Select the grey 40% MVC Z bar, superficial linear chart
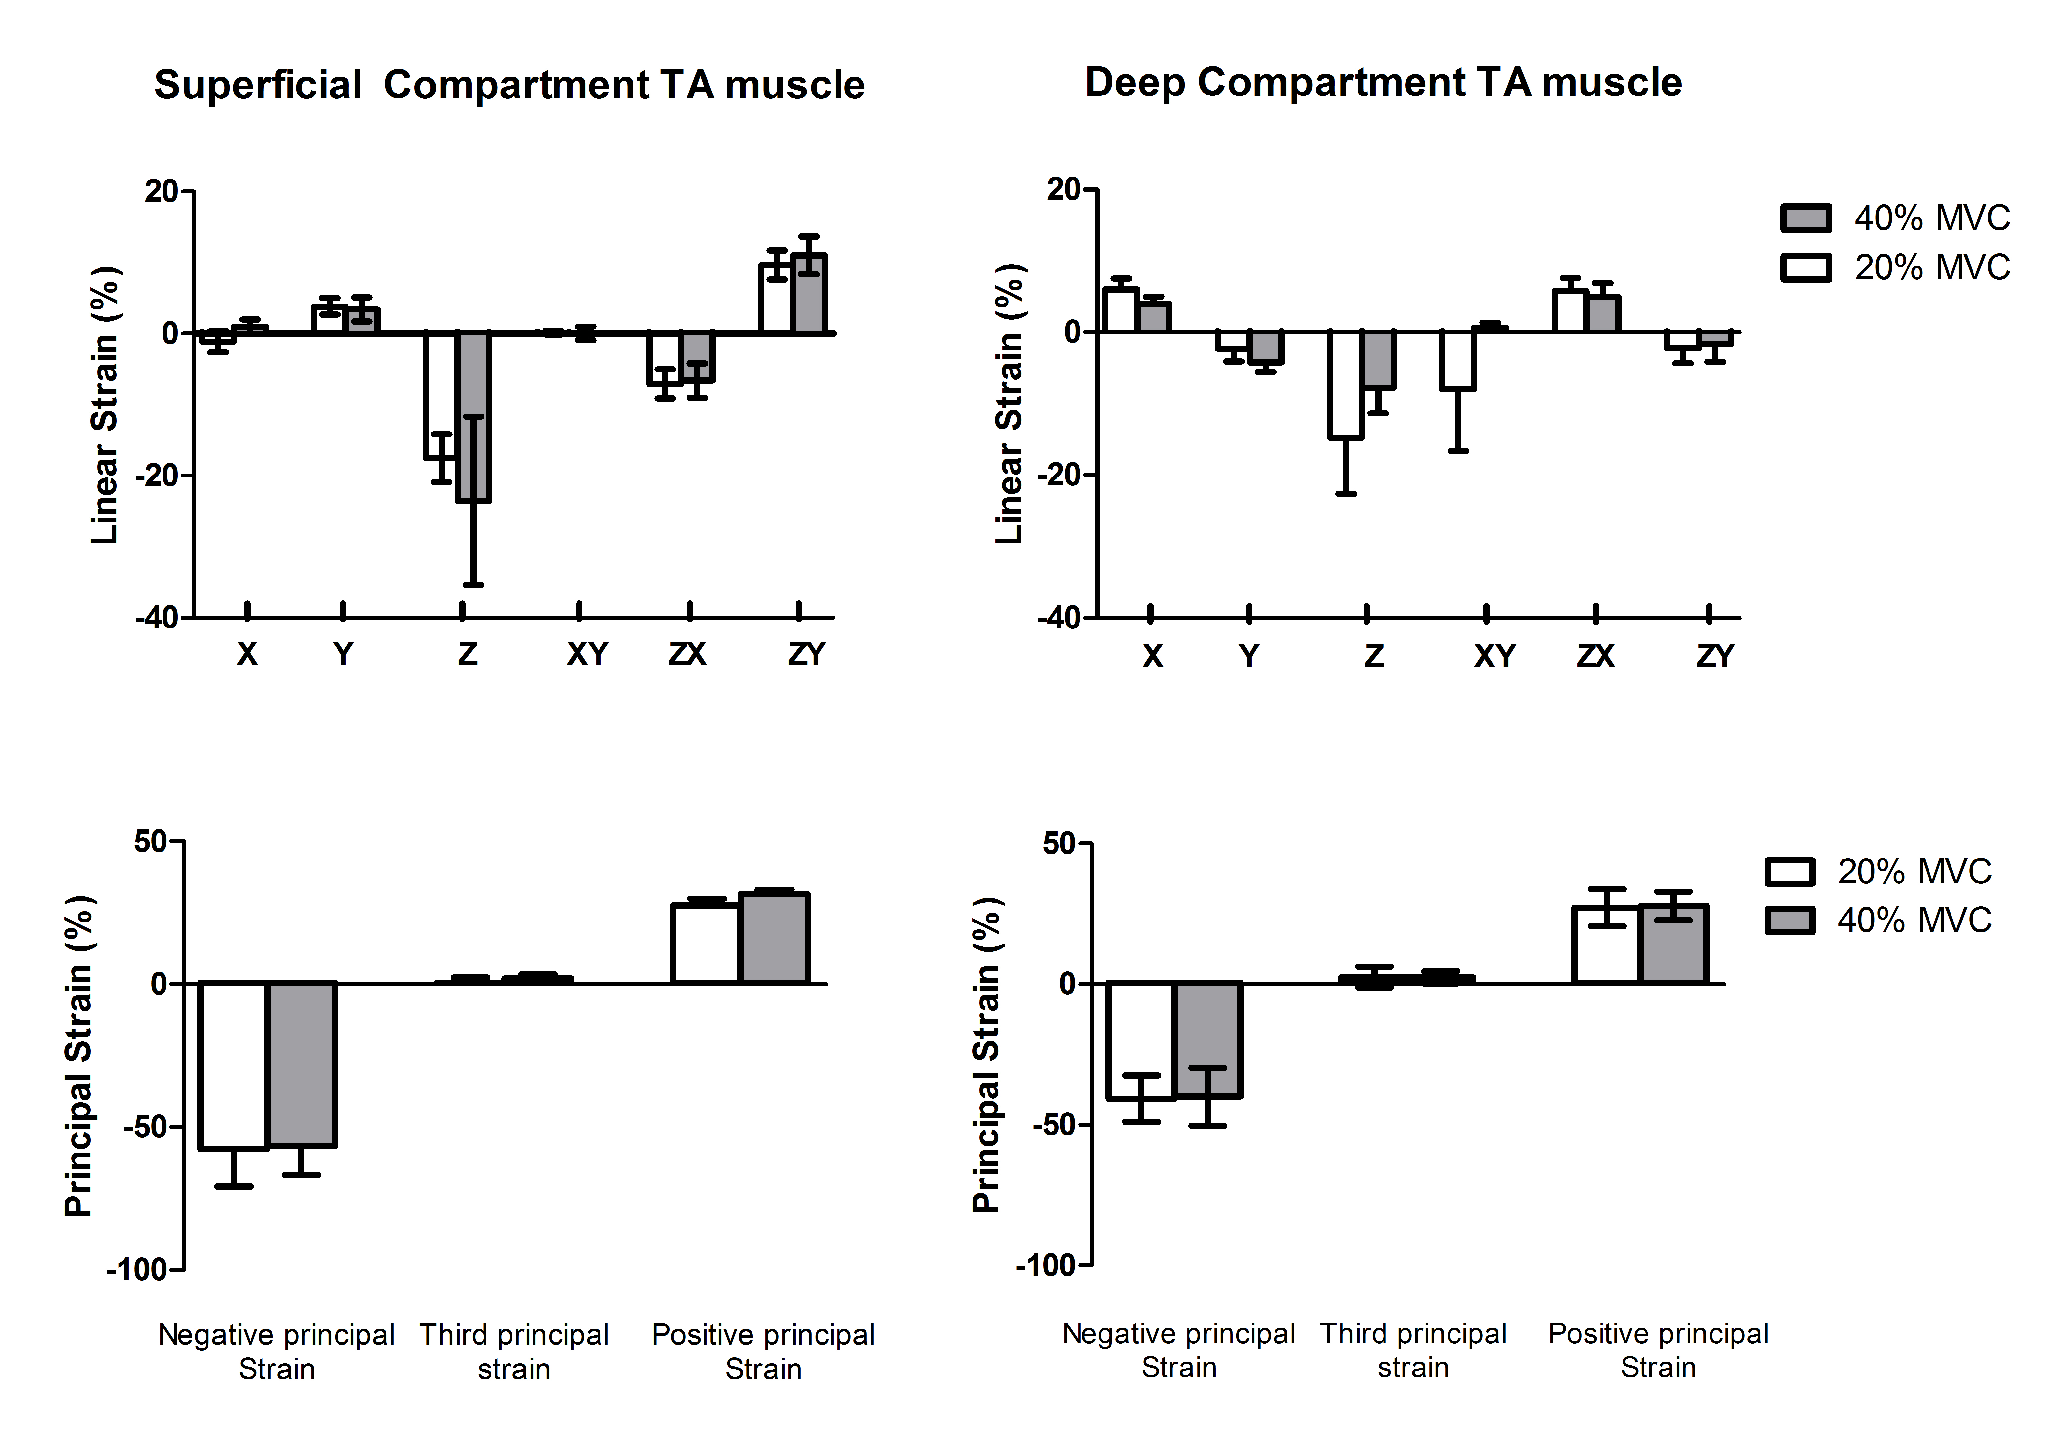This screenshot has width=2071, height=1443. pos(473,417)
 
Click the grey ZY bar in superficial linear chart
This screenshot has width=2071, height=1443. pos(809,294)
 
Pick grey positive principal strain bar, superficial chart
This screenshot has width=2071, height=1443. pos(774,938)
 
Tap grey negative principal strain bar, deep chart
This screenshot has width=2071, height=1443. pos(1208,1040)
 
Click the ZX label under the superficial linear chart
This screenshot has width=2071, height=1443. pos(687,653)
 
